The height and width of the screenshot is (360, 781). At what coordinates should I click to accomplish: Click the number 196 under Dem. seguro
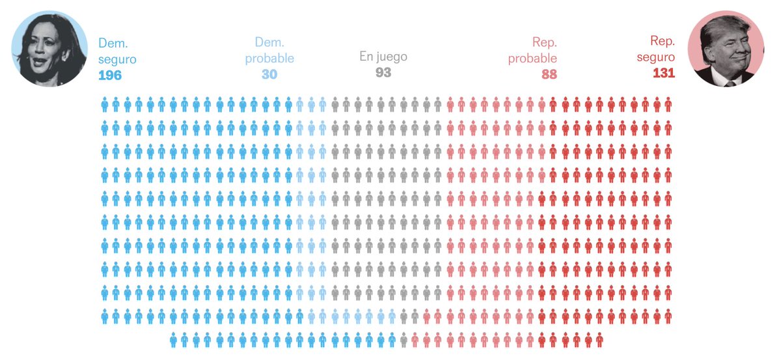click(110, 75)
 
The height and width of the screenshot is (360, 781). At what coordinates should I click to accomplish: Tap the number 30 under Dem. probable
click(269, 74)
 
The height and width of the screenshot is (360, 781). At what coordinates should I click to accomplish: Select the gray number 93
click(383, 72)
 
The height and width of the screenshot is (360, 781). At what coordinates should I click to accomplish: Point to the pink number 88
click(549, 74)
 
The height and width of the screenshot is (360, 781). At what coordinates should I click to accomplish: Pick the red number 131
click(663, 73)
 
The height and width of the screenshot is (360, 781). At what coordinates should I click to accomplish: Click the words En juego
click(383, 57)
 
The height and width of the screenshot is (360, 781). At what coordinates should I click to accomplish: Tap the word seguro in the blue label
click(117, 59)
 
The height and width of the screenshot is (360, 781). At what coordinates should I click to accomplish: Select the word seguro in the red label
click(656, 57)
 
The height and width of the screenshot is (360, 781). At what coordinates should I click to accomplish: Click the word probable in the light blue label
click(269, 59)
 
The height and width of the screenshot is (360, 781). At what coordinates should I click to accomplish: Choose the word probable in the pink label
click(532, 59)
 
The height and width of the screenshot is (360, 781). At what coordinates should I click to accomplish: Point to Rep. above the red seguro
click(663, 42)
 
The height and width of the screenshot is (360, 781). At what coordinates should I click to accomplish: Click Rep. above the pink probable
click(545, 43)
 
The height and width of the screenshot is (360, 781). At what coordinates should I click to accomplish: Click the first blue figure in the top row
click(105, 105)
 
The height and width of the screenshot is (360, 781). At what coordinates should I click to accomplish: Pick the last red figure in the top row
click(668, 105)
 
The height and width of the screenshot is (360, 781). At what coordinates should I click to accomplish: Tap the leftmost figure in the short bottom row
click(174, 340)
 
